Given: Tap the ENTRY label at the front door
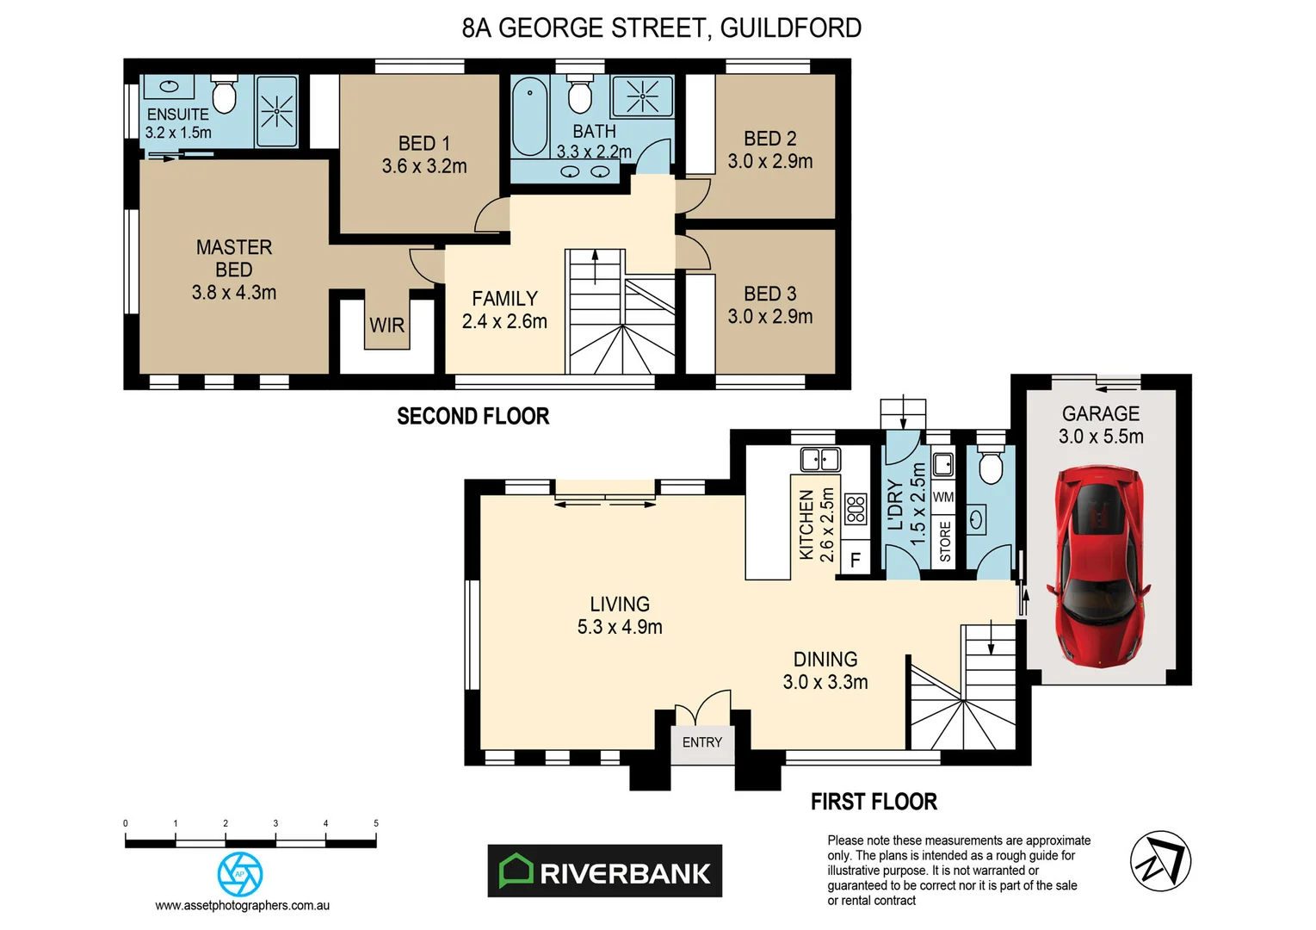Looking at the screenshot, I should [701, 742].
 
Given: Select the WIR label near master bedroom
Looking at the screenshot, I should [386, 325].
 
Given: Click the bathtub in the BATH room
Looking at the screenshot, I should [530, 116].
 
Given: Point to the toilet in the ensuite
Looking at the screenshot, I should [224, 95].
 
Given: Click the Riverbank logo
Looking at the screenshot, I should [604, 871].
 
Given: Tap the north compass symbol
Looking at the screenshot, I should [1159, 861].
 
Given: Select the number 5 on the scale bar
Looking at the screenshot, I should [375, 823].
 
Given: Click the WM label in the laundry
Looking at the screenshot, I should [943, 497].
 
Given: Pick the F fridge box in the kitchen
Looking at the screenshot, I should [856, 560].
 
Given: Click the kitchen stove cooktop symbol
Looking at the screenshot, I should [856, 509].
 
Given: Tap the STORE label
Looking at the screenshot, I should [945, 542].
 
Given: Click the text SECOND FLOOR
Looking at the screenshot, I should [473, 417].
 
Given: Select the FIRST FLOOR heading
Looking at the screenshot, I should [873, 802].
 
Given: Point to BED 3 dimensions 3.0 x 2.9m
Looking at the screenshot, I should [769, 317].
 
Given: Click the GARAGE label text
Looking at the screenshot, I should [1100, 414].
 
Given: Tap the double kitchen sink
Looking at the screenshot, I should [819, 459].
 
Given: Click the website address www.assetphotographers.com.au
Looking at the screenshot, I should [242, 906].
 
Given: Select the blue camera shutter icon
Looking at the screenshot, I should [240, 874].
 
